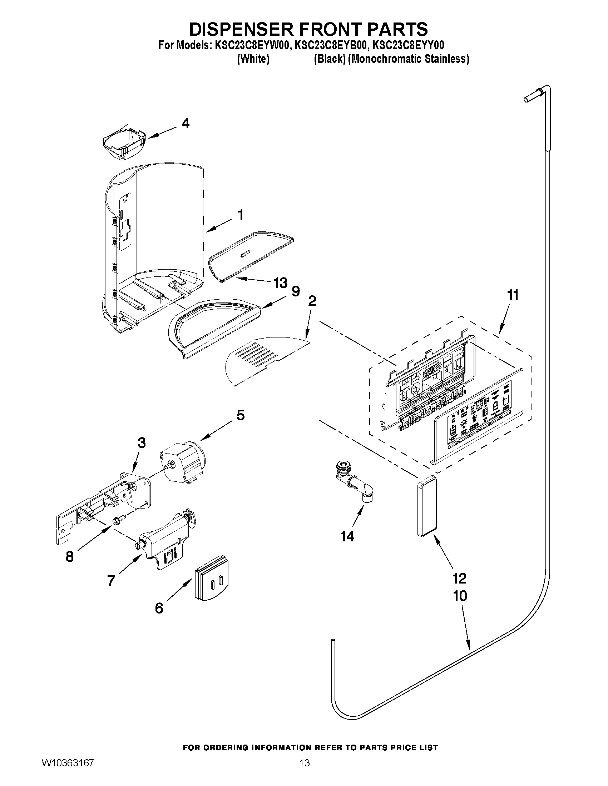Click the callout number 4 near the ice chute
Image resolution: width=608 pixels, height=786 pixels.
click(185, 124)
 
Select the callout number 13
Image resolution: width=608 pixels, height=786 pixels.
click(280, 283)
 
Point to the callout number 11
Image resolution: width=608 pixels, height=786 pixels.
click(513, 295)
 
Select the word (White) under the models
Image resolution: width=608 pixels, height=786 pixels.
click(253, 59)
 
